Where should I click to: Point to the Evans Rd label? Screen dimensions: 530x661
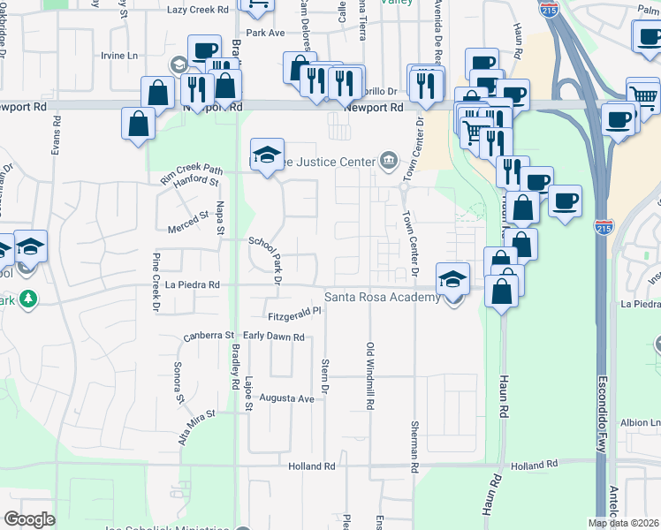point(56,145)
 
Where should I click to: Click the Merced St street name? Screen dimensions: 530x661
point(187,216)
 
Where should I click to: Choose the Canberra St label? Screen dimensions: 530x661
point(209,336)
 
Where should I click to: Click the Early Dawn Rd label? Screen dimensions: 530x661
point(274,337)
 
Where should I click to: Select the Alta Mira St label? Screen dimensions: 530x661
point(197,426)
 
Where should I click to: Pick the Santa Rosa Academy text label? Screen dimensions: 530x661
point(382,298)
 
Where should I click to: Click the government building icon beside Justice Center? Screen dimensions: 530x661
point(388,160)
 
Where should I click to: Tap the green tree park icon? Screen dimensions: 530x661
point(28,298)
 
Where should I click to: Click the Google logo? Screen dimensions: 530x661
point(29,519)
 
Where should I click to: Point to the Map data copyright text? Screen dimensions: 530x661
point(623,523)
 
